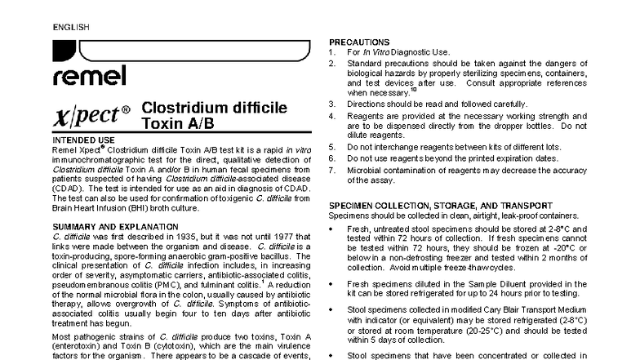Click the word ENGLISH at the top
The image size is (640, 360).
[x=72, y=27]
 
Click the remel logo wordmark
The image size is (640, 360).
[x=89, y=77]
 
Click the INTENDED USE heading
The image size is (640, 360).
[x=83, y=140]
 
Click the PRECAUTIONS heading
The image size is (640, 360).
[x=358, y=42]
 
